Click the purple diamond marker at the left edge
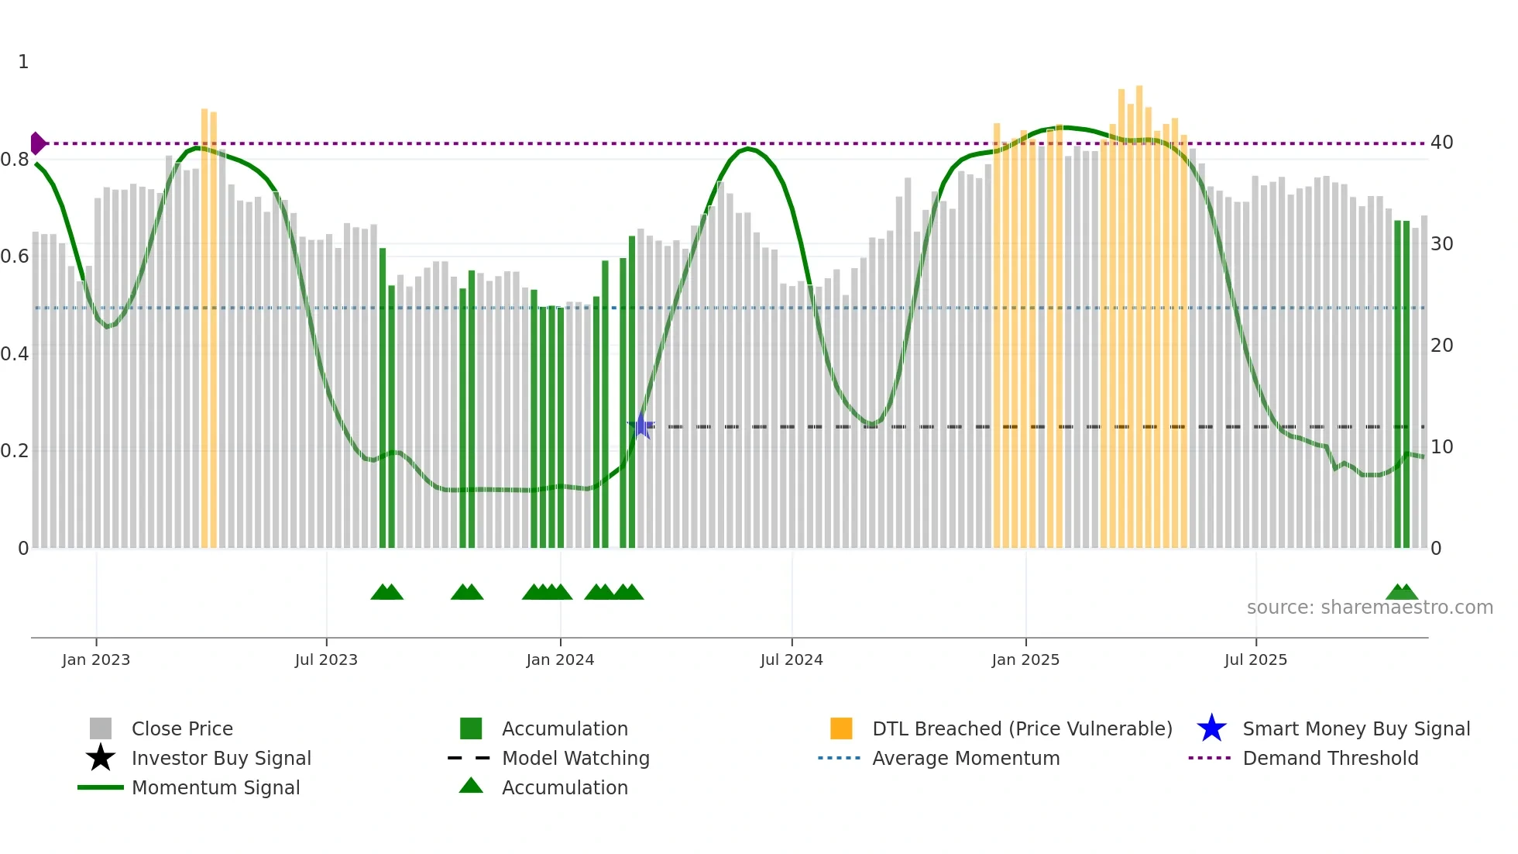[x=37, y=143]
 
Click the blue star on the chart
[x=641, y=425]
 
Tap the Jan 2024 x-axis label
[x=560, y=659]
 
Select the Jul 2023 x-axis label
[x=326, y=659]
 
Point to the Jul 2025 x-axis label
[x=1255, y=659]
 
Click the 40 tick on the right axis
[x=1441, y=143]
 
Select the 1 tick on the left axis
[x=23, y=62]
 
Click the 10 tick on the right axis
[x=1441, y=447]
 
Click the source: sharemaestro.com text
[x=1369, y=608]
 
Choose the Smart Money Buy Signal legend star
[x=1211, y=728]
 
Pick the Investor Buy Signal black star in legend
[x=101, y=758]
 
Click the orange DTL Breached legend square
[x=841, y=728]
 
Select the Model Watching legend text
[x=575, y=758]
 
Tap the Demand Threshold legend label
[x=1330, y=758]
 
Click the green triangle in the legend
[x=471, y=786]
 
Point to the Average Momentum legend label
[x=966, y=758]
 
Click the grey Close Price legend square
[x=101, y=728]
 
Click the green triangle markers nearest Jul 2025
[x=1402, y=592]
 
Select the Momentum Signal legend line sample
[x=101, y=787]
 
